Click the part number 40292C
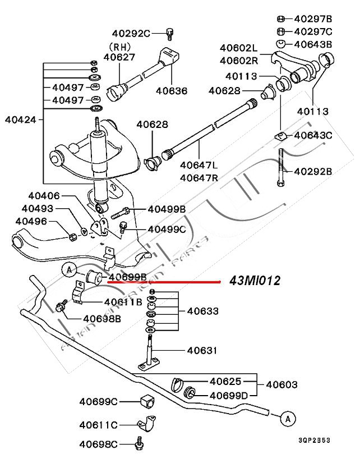click(131, 34)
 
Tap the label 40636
click(172, 91)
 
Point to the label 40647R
click(199, 178)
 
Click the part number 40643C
click(313, 135)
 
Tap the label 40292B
click(313, 171)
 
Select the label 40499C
click(167, 229)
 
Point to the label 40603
click(281, 385)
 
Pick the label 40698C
click(98, 443)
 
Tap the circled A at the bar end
click(288, 418)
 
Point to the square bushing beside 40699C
click(146, 402)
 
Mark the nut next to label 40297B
click(282, 19)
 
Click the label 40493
click(37, 208)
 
